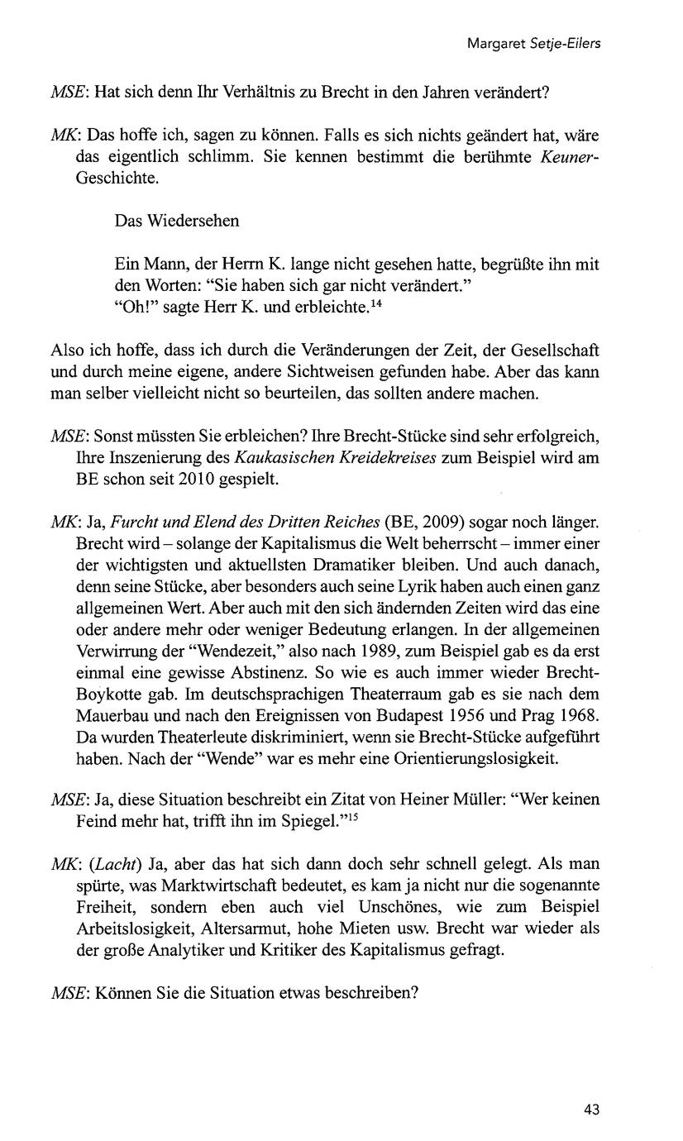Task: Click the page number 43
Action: [590, 1110]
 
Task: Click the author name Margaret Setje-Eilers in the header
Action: [533, 43]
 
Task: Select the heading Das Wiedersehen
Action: [177, 221]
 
